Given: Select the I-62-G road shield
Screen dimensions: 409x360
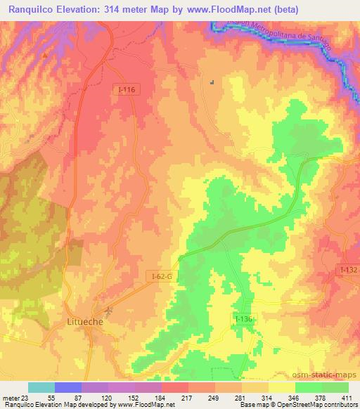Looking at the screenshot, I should coord(160,277).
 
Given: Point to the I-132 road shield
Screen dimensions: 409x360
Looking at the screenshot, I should coord(348,269).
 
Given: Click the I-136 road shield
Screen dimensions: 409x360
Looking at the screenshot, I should coord(243,318).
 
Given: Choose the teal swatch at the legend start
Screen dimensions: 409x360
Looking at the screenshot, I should coord(41,387).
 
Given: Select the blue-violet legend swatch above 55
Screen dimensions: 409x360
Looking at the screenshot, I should coord(68,387).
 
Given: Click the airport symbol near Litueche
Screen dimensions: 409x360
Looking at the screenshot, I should coord(108,309).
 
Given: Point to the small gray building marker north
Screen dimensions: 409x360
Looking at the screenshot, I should coord(211,81).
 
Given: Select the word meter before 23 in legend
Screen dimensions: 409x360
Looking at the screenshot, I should coord(12,398).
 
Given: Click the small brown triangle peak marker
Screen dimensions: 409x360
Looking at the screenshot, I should coord(46,54).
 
